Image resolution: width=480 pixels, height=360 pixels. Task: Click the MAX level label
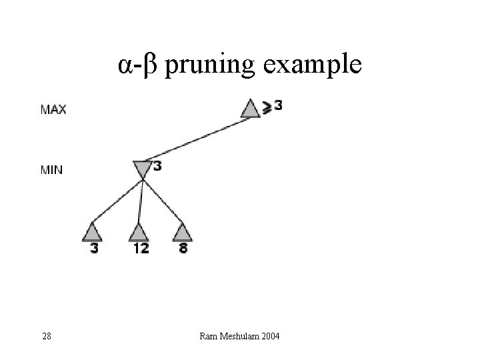click(x=53, y=109)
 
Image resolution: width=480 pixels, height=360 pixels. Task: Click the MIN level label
click(x=52, y=170)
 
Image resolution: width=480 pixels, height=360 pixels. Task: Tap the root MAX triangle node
click(x=250, y=108)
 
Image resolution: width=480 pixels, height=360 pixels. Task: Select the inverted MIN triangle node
click(x=142, y=169)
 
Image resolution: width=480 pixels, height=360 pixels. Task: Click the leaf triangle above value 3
click(x=92, y=232)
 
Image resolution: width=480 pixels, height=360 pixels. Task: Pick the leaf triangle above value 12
click(x=138, y=232)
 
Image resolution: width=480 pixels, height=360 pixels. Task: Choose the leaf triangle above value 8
click(x=182, y=232)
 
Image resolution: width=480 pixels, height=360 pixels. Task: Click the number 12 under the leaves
click(x=140, y=249)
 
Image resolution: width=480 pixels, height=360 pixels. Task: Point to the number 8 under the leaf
click(x=183, y=249)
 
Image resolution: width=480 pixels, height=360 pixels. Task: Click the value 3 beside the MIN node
click(x=157, y=166)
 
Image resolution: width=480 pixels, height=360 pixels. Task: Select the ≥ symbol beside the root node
click(x=267, y=107)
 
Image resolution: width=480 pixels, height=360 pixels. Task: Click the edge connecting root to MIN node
click(x=197, y=139)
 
